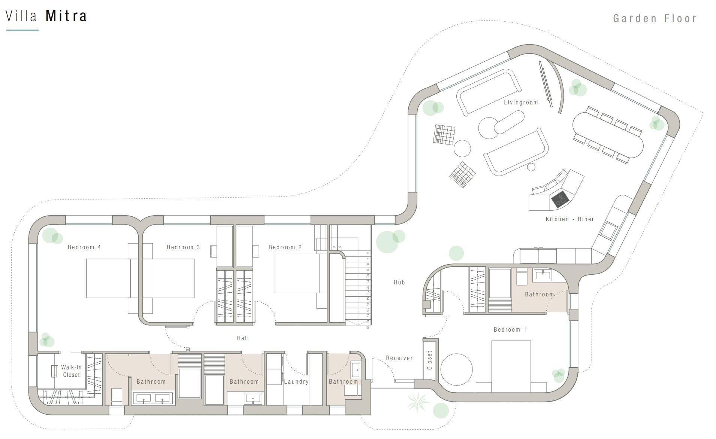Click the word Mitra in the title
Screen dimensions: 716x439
[66, 16]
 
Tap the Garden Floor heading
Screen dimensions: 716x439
[655, 18]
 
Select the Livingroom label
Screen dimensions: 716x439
[521, 102]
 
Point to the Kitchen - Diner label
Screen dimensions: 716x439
[570, 219]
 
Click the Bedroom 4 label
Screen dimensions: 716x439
[84, 247]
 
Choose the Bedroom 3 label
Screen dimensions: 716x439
[183, 247]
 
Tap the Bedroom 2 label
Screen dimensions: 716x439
[285, 247]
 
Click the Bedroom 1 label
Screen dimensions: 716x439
[510, 329]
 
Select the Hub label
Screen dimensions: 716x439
[399, 282]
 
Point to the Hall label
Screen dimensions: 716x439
[243, 338]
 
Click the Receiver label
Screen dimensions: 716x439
[399, 358]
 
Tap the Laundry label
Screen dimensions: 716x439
[296, 381]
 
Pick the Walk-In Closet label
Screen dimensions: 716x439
[71, 371]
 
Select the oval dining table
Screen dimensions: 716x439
[608, 135]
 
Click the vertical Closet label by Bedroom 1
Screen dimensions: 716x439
[429, 360]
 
